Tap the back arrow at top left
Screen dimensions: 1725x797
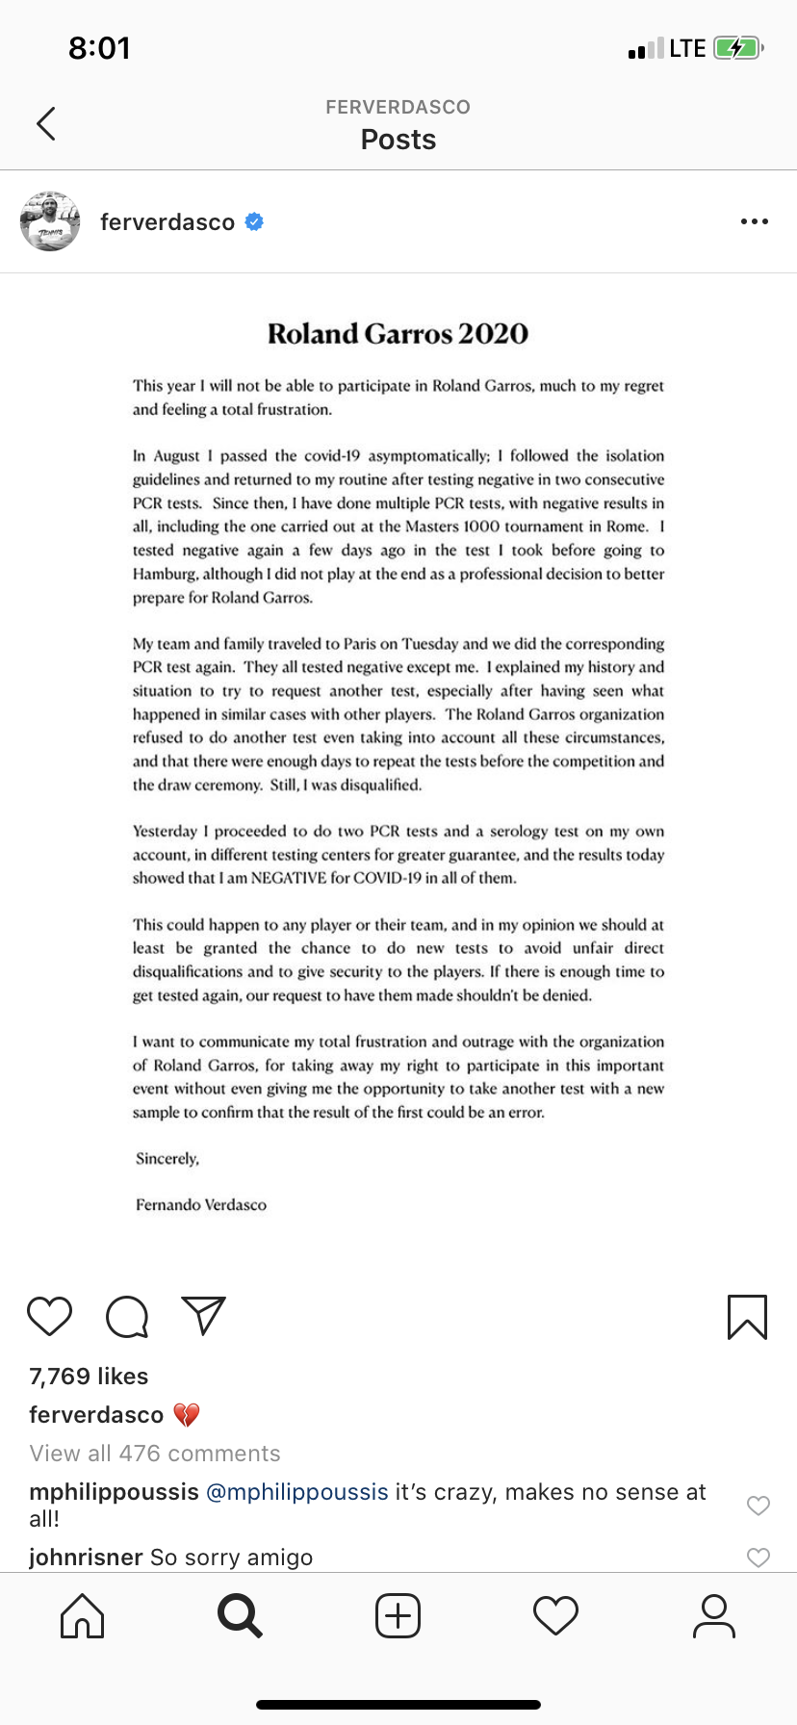[45, 123]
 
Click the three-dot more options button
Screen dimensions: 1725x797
[754, 222]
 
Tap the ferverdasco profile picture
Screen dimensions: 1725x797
[50, 221]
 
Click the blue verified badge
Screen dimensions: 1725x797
[254, 222]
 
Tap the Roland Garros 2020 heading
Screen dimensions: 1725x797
[398, 334]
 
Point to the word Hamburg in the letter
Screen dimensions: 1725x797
[165, 574]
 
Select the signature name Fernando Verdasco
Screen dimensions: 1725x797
[201, 1204]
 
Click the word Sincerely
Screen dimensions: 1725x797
[167, 1158]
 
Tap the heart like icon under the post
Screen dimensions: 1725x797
[49, 1316]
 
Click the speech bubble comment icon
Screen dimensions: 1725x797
[127, 1317]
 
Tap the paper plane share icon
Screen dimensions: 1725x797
[203, 1316]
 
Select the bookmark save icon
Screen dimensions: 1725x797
[747, 1317]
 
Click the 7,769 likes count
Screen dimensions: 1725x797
[89, 1377]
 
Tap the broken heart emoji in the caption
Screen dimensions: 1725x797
[187, 1415]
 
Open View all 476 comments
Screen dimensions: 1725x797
[155, 1454]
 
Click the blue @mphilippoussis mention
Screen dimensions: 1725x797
[297, 1492]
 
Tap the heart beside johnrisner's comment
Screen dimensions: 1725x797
[758, 1557]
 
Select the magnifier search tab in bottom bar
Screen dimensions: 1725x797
[240, 1616]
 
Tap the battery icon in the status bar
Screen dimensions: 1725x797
[737, 48]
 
